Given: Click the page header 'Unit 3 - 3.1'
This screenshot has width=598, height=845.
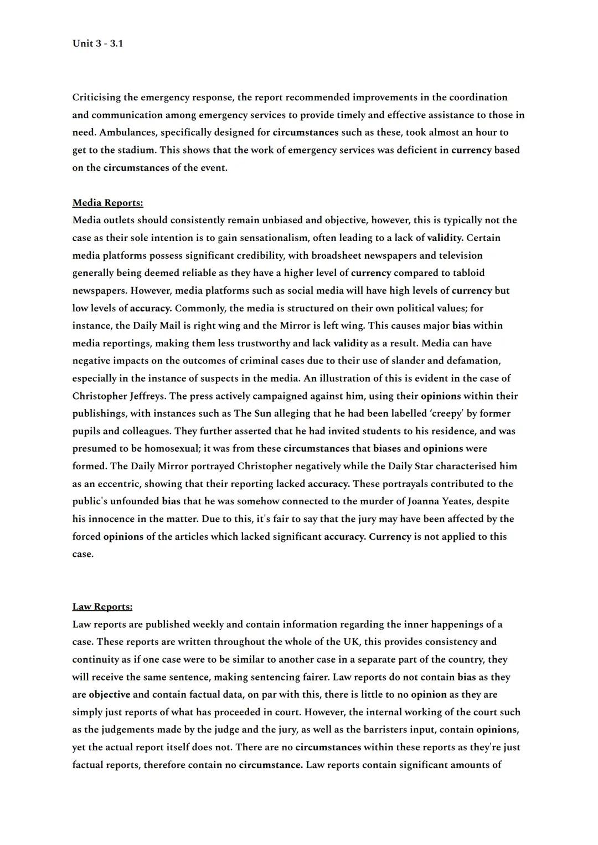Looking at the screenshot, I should (97, 43).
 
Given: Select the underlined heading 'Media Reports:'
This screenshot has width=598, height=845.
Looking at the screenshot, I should (107, 203).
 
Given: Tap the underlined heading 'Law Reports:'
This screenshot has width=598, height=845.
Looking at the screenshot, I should (102, 607).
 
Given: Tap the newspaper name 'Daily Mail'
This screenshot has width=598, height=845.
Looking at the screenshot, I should (157, 326).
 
